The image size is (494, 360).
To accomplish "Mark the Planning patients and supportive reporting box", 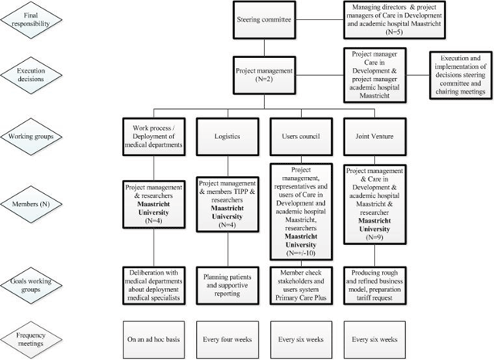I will (x=228, y=283).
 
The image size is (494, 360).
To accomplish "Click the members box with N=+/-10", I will (x=303, y=209).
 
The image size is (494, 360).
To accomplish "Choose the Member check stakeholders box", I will (x=303, y=283).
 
